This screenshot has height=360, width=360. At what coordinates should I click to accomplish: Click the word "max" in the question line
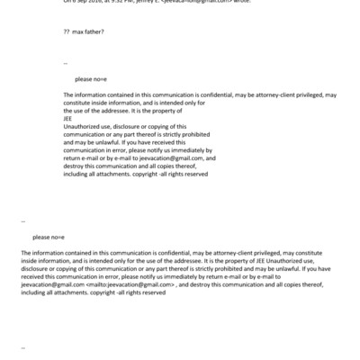[x=79, y=31]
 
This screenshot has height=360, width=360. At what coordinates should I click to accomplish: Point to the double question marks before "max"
[x=66, y=31]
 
